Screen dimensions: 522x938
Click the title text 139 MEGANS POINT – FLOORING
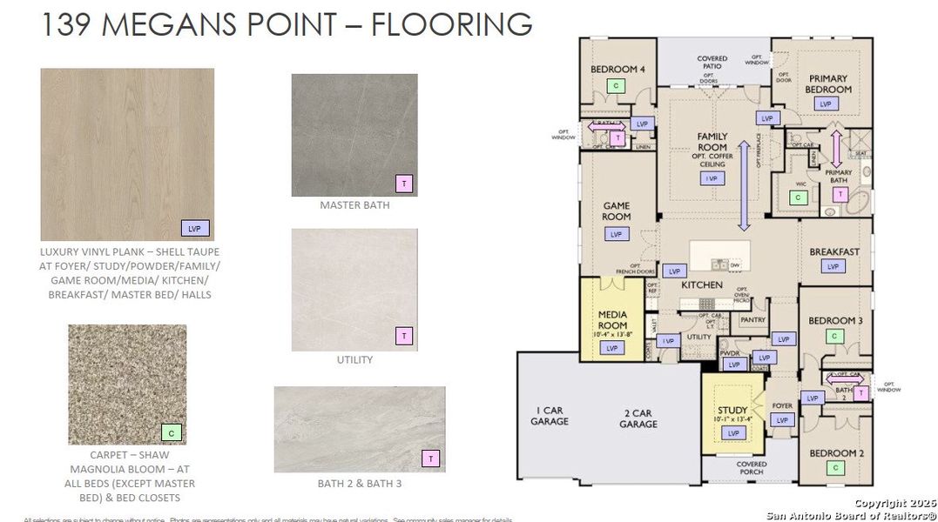point(287,24)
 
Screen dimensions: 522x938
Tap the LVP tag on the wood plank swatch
point(194,228)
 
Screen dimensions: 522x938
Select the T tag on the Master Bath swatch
point(403,183)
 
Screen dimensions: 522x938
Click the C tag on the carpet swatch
point(172,432)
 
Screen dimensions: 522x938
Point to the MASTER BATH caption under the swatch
point(354,206)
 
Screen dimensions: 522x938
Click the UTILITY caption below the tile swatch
point(354,359)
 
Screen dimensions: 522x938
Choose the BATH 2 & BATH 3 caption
point(359,483)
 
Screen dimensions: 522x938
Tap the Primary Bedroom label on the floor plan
point(827,84)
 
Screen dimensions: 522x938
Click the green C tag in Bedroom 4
point(617,85)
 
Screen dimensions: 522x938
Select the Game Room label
point(617,211)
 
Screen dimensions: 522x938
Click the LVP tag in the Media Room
point(612,348)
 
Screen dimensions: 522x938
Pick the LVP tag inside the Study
point(732,432)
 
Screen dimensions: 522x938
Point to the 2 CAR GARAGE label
point(638,418)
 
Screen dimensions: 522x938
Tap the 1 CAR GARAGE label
point(550,416)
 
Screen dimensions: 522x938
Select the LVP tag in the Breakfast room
point(833,267)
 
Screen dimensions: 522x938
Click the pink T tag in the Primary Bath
point(840,195)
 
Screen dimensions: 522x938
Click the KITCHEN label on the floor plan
point(702,284)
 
